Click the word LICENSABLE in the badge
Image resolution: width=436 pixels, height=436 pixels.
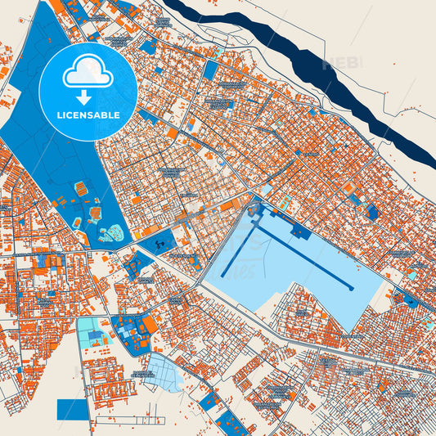[88, 115]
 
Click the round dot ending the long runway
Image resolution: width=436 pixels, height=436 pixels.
[351, 288]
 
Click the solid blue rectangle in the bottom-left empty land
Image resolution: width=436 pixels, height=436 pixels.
[72, 409]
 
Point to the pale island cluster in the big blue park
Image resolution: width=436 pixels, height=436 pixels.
[112, 233]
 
